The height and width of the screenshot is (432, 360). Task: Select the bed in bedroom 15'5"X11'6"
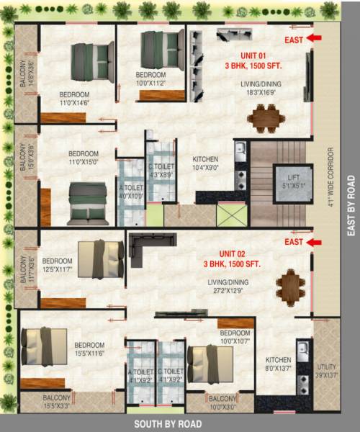43,346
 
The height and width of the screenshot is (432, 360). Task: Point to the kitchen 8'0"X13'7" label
279,364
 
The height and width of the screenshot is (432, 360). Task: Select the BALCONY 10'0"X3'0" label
222,402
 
